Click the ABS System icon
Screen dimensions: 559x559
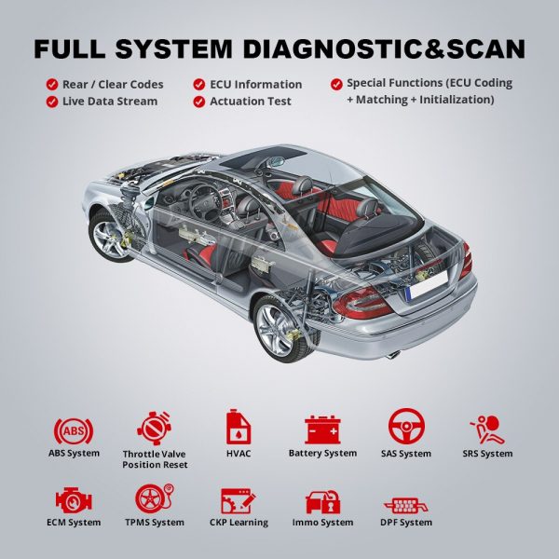(x=74, y=430)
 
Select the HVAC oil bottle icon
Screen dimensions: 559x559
(x=239, y=427)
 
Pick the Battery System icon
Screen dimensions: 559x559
(x=322, y=429)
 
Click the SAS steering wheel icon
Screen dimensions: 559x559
(x=406, y=427)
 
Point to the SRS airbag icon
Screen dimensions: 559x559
(x=487, y=429)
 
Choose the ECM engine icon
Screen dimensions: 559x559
(x=74, y=500)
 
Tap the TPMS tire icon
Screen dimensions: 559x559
(x=155, y=498)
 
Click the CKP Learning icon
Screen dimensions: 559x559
(x=239, y=501)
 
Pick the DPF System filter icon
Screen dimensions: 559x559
(x=405, y=505)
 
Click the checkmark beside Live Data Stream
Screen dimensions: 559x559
(x=52, y=102)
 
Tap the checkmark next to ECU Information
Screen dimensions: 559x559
(x=199, y=85)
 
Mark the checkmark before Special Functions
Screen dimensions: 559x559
(x=336, y=85)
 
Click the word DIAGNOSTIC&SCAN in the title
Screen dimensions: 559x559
(x=384, y=48)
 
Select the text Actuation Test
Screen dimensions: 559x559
(x=251, y=102)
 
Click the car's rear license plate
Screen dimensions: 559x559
(x=428, y=284)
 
